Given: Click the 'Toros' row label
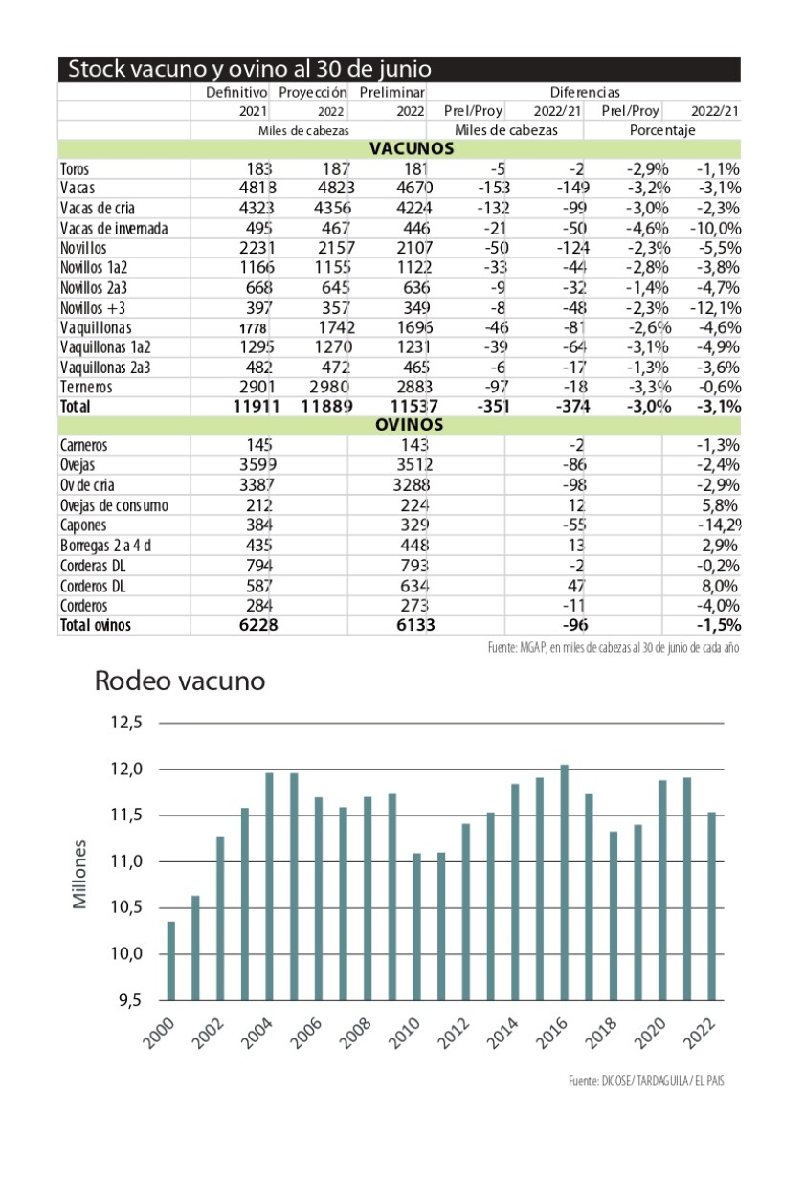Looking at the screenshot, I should tap(75, 169).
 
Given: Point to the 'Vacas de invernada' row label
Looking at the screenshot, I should tap(114, 229).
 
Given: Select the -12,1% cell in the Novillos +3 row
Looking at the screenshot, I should tap(715, 308).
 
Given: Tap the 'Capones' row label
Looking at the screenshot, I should tap(83, 525).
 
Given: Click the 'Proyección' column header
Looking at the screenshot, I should tap(312, 92).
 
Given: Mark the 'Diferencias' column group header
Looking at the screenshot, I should tap(585, 92).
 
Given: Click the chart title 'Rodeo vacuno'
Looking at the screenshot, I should tap(179, 682).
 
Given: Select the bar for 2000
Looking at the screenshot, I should tap(171, 960).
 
